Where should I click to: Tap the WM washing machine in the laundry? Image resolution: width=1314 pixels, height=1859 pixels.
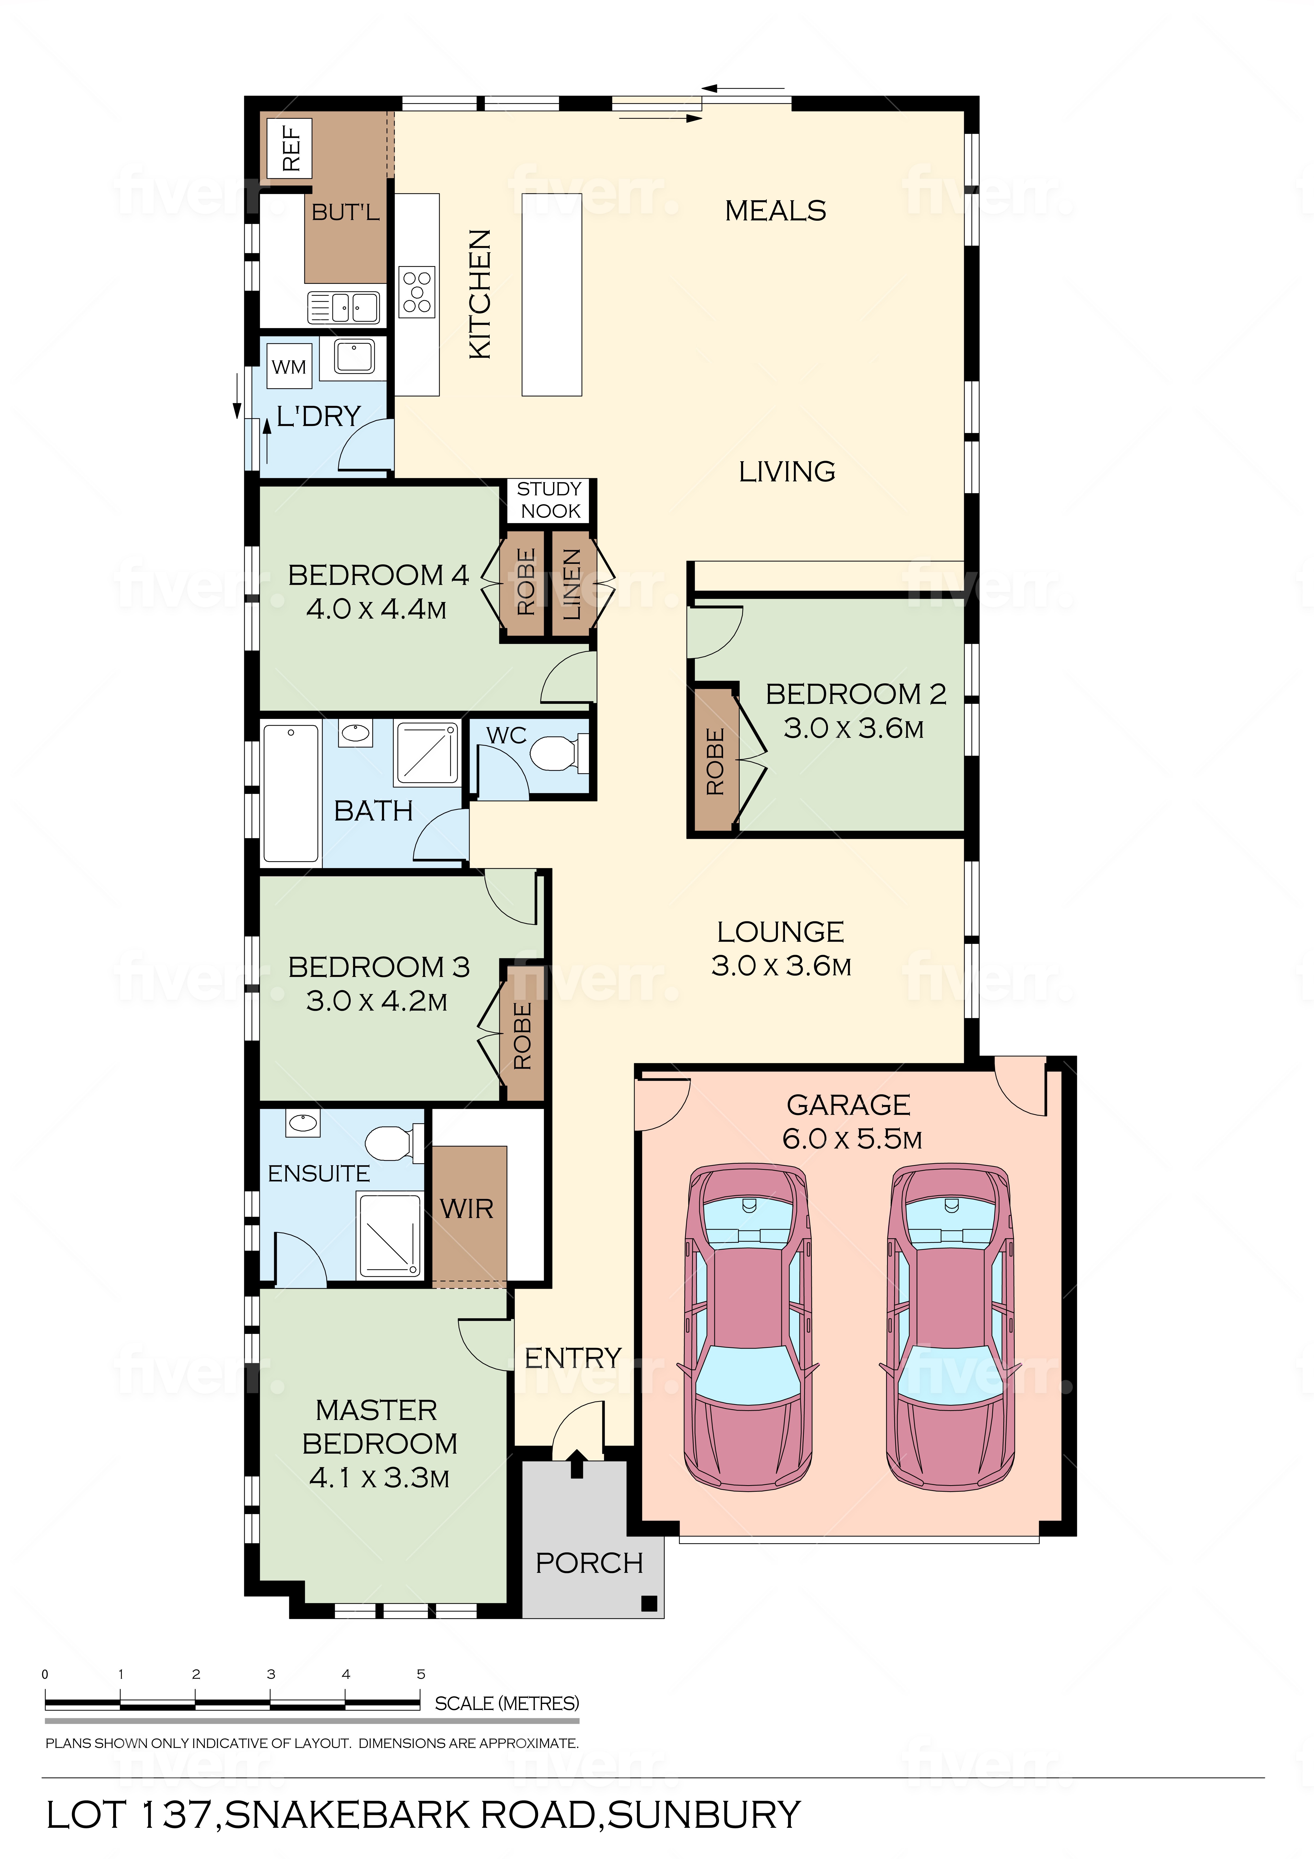(289, 367)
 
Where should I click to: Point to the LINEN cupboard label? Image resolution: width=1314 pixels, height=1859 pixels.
(572, 584)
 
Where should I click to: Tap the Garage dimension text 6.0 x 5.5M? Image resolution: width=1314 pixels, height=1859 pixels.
(852, 1139)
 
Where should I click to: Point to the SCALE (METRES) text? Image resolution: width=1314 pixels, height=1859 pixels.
(507, 1703)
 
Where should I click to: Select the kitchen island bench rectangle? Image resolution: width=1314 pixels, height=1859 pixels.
(552, 295)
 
